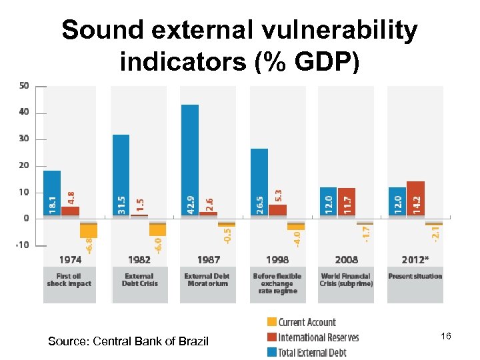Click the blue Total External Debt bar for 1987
(190, 160)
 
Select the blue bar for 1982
(121, 175)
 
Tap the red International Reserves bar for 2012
(415, 199)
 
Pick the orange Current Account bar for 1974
(89, 229)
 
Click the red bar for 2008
(347, 202)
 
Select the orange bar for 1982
(158, 227)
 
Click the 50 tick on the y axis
(24, 85)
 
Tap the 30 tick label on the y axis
(24, 139)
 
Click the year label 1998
(277, 259)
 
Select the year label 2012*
(415, 259)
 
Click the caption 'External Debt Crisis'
(139, 279)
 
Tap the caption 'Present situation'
(415, 276)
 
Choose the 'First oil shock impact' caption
(69, 279)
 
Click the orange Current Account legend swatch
(271, 323)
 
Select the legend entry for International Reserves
(318, 337)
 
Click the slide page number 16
(446, 337)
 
